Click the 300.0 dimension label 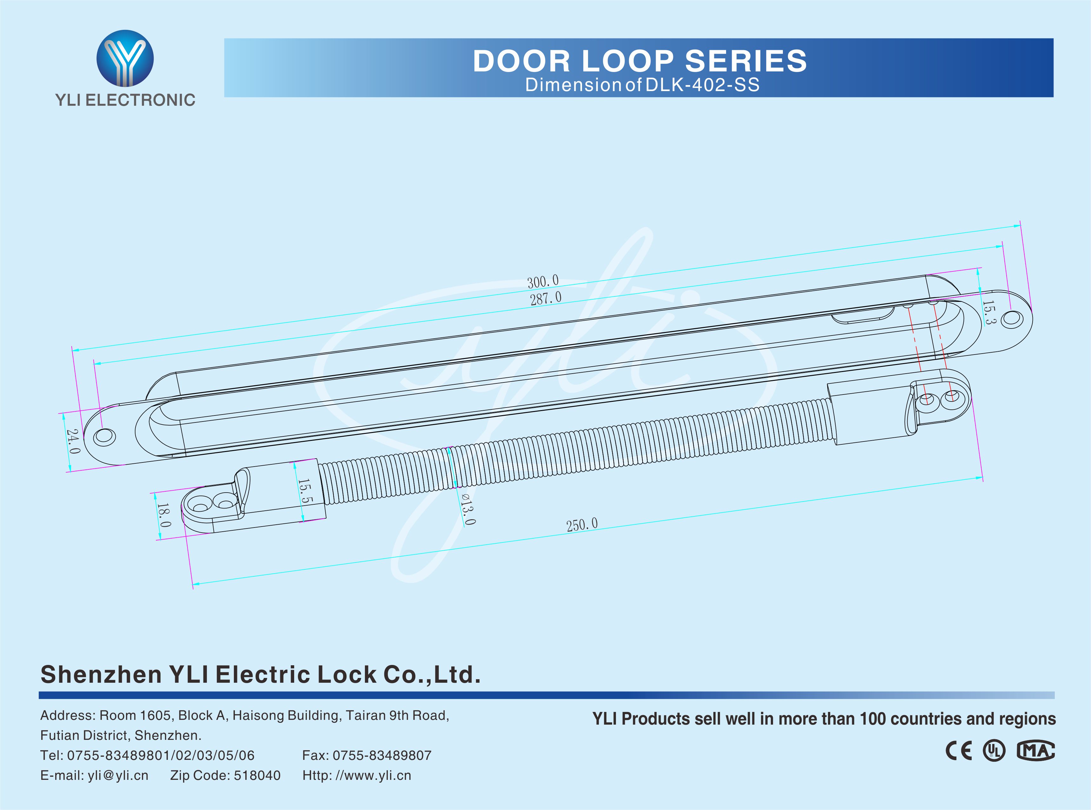pos(543,282)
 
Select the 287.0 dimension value pos(545,298)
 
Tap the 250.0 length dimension pos(582,525)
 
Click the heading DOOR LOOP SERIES pos(640,61)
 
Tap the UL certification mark pos(994,751)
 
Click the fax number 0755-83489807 pos(382,756)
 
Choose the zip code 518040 pos(257,776)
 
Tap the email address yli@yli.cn pos(118,776)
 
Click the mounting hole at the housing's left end pos(104,436)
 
